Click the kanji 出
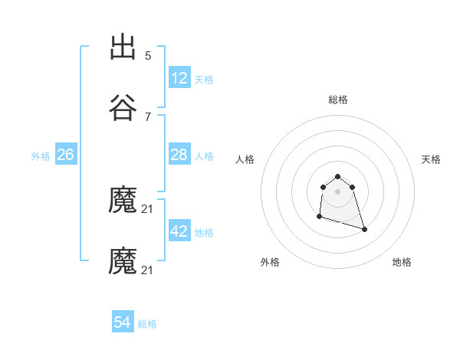tap(123, 47)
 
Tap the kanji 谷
tap(123, 108)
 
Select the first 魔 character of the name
tap(123, 201)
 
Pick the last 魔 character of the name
tap(123, 261)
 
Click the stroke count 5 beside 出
tap(148, 56)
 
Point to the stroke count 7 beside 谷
tap(148, 116)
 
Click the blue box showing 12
tap(179, 78)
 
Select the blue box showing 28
tap(179, 155)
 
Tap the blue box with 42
tap(179, 231)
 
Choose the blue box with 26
tap(65, 155)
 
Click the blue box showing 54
tap(123, 323)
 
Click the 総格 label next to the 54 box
tap(147, 324)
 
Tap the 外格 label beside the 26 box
tap(41, 155)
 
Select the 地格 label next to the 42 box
tap(204, 232)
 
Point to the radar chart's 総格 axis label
tap(337, 100)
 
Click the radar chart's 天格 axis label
tap(431, 159)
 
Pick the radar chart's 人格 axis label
tap(245, 159)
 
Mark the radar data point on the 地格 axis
tap(364, 229)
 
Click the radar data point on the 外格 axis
tap(319, 217)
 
